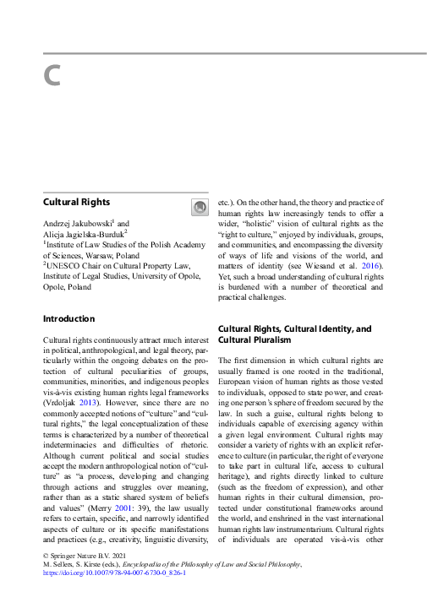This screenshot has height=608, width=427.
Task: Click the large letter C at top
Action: click(x=52, y=76)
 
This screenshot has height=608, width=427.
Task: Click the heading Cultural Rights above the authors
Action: click(x=76, y=203)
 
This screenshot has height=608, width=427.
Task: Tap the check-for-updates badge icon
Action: click(x=200, y=206)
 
